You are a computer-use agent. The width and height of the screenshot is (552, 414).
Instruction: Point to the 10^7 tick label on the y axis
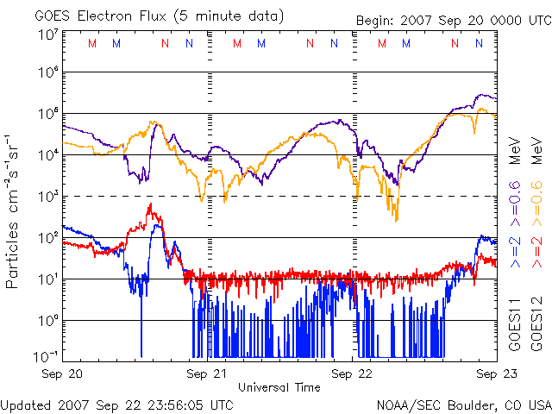(47, 35)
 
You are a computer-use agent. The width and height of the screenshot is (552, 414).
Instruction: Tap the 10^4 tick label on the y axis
(47, 154)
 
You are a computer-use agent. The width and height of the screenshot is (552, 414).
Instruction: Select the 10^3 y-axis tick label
(47, 196)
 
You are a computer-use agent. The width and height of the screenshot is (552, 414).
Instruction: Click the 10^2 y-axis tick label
(47, 237)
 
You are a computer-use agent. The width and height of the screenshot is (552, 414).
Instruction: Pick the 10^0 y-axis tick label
(47, 320)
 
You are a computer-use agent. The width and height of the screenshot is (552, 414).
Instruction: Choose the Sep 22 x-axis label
(353, 374)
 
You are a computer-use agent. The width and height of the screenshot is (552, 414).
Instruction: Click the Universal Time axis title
(279, 387)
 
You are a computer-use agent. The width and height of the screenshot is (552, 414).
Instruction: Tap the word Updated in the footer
(26, 405)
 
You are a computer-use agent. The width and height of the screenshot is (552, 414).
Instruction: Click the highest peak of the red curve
(150, 204)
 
